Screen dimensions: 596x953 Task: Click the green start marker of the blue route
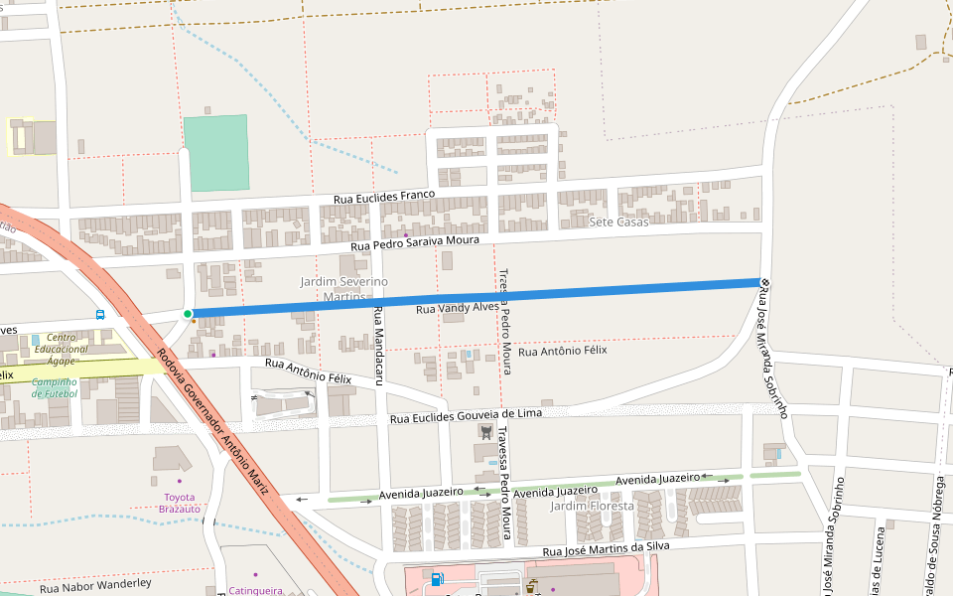188,314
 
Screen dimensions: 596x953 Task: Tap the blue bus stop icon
100,314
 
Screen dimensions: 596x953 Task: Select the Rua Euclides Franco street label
383,199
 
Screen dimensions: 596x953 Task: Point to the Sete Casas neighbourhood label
618,222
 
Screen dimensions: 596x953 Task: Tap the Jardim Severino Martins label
344,289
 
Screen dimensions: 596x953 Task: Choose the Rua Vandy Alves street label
457,308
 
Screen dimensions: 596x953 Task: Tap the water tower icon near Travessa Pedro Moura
485,431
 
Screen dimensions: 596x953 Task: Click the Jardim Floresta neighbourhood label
592,506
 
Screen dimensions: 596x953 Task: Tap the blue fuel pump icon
437,578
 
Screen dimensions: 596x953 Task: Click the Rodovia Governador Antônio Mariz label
212,421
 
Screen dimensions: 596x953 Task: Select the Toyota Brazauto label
179,503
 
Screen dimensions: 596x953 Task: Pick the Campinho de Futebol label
54,387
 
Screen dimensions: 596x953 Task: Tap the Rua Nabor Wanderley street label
95,585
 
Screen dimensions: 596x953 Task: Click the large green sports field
216,152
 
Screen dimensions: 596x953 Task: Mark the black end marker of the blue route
764,282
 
